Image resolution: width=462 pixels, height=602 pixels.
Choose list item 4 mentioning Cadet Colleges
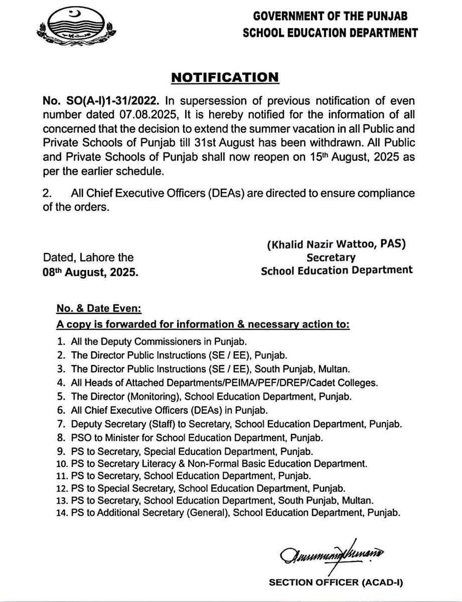[215, 382]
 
